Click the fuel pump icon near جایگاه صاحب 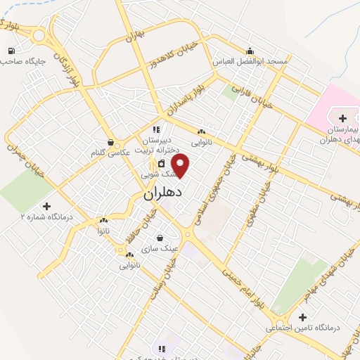(x=12, y=50)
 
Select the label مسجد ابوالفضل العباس (x=250, y=62)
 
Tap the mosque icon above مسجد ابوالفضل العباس (x=250, y=51)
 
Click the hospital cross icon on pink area (x=342, y=117)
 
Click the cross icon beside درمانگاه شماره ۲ (x=47, y=206)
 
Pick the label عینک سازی (x=160, y=249)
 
